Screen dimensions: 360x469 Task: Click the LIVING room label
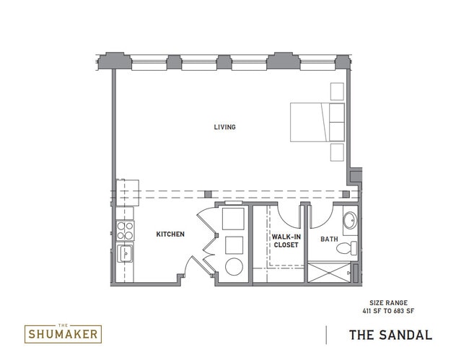coord(224,127)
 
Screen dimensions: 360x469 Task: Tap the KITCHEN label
coord(170,234)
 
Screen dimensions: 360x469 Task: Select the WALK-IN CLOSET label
coord(286,240)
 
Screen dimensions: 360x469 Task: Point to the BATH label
coord(329,239)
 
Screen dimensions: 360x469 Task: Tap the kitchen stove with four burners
coord(126,231)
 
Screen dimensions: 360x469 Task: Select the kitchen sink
coord(126,254)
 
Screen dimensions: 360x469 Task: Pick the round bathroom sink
coord(350,221)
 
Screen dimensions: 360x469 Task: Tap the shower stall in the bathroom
coord(329,272)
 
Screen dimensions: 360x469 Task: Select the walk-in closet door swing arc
coord(288,216)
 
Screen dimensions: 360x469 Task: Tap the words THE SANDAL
coord(390,335)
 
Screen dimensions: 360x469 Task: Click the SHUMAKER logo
coord(63,333)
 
